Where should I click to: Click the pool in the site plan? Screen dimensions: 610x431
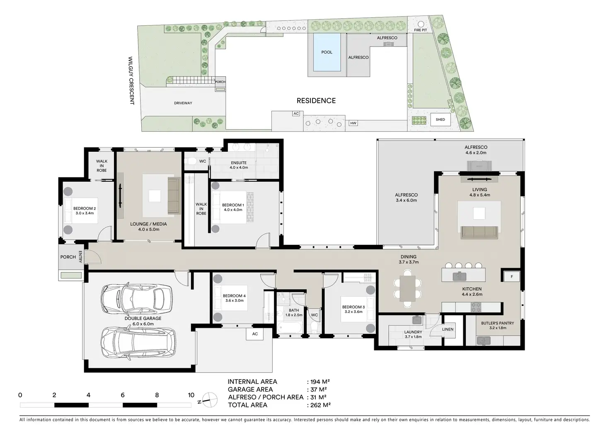coord(327,52)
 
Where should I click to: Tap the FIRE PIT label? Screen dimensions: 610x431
coord(421,30)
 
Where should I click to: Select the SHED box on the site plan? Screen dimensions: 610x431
coord(441,119)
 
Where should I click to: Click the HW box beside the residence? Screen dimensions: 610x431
coord(353,123)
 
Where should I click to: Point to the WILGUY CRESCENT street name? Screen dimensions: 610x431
coord(131,80)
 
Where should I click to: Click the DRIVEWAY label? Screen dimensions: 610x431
coord(183,103)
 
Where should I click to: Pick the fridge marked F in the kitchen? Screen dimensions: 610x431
coord(512,276)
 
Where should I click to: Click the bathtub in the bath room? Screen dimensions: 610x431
coord(290,327)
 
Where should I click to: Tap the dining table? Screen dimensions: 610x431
coord(408,288)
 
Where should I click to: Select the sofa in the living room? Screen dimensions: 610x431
coord(479,232)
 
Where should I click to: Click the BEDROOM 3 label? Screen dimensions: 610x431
coord(353,307)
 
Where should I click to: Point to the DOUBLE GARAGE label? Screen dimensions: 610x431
coord(143,318)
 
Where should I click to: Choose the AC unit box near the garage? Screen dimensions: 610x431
coord(254,334)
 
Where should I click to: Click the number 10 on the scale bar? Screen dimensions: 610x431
coord(191,395)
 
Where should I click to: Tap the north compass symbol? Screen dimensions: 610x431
coord(210,400)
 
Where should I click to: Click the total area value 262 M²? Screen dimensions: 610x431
coord(320,405)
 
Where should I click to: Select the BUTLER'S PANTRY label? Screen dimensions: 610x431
coord(498,323)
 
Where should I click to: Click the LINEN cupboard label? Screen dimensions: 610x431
coord(448,329)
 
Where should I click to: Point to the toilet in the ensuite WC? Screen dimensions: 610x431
coord(191,162)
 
